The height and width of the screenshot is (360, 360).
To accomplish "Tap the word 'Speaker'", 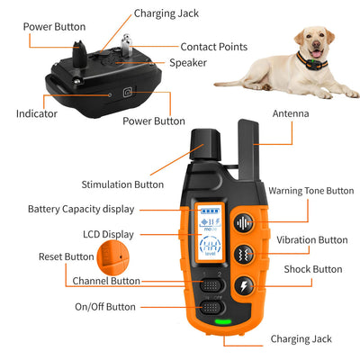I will [x=188, y=63].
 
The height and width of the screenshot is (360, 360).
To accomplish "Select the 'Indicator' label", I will [x=37, y=114].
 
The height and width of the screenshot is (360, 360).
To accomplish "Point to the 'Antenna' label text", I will [x=291, y=113].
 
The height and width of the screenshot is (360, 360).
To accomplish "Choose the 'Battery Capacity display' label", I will [x=80, y=209].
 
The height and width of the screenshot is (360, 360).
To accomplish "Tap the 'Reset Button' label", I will [x=66, y=256].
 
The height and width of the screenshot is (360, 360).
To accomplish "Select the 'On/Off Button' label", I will [x=105, y=307].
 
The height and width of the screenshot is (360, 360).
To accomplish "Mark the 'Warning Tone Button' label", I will [x=310, y=191].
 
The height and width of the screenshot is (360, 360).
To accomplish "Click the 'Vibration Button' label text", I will [x=311, y=240].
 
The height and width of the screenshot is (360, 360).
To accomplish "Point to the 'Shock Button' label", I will [x=314, y=269].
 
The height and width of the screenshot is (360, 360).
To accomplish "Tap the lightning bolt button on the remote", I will [x=243, y=287].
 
